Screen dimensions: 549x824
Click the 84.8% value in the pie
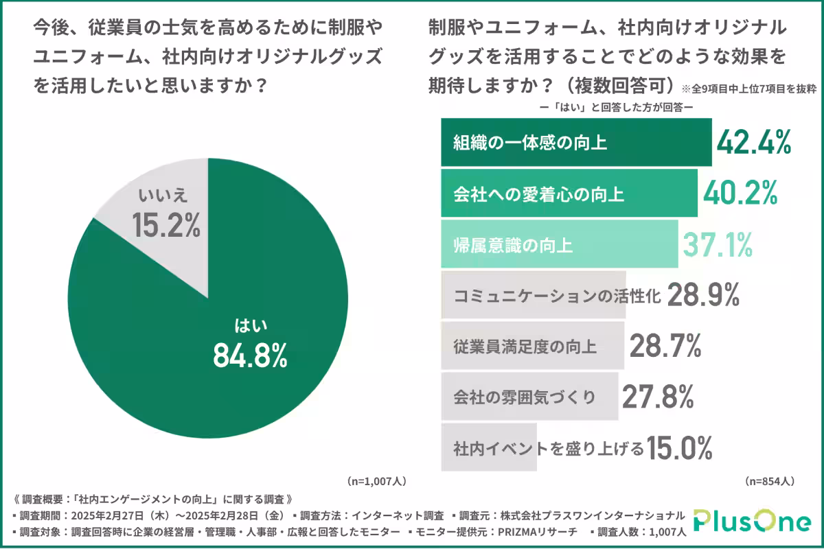pos(249,355)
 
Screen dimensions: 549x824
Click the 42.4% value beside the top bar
pos(754,142)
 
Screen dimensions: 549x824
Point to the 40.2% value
pos(740,194)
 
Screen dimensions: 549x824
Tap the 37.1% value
pos(718,244)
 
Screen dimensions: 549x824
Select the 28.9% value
pos(702,295)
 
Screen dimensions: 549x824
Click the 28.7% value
pos(665,346)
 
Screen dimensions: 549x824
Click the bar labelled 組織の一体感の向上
pos(575,143)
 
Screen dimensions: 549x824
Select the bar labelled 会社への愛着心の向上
pos(569,194)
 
